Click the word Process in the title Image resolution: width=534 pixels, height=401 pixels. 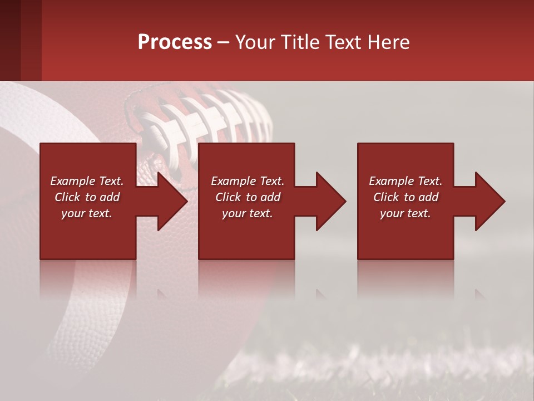(x=175, y=42)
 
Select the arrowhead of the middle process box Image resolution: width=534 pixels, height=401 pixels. (x=329, y=201)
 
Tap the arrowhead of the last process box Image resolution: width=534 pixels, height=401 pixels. (x=488, y=201)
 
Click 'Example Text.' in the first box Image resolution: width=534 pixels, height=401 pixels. (x=87, y=181)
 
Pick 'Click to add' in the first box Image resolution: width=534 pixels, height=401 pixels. (x=87, y=197)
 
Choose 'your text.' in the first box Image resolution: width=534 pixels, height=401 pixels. (x=87, y=213)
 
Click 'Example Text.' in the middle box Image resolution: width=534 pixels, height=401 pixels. (x=248, y=181)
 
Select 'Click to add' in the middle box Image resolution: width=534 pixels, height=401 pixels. (x=248, y=197)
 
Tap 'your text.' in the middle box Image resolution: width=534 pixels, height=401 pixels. (x=248, y=213)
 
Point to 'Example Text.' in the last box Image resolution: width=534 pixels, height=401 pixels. (x=406, y=181)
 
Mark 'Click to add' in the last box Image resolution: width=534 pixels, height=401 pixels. (x=406, y=197)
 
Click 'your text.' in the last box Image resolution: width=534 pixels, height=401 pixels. (x=406, y=213)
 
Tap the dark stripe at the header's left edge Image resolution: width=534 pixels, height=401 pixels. (x=10, y=40)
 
